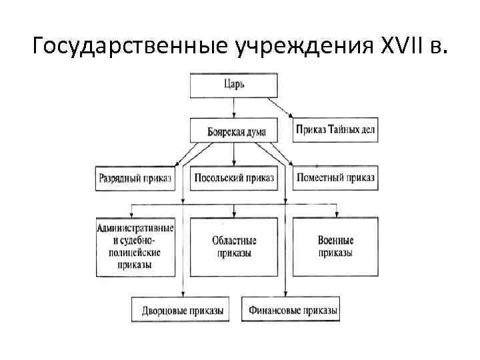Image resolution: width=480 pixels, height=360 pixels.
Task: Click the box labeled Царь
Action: pyautogui.click(x=233, y=84)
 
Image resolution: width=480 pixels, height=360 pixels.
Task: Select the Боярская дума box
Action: pyautogui.click(x=233, y=131)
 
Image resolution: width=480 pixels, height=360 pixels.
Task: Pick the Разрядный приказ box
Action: pyautogui.click(x=135, y=178)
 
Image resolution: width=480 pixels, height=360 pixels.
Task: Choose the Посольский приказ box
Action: pyautogui.click(x=234, y=178)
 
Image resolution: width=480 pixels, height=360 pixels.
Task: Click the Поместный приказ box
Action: pyautogui.click(x=335, y=178)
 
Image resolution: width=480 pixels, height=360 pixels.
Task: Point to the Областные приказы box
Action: pyautogui.click(x=233, y=247)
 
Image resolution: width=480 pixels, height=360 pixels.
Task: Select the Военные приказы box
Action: pyautogui.click(x=335, y=247)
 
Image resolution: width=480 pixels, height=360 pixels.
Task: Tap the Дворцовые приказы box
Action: pyautogui.click(x=182, y=310)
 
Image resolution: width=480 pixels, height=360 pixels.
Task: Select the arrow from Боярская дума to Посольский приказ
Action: pyautogui.click(x=234, y=155)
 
